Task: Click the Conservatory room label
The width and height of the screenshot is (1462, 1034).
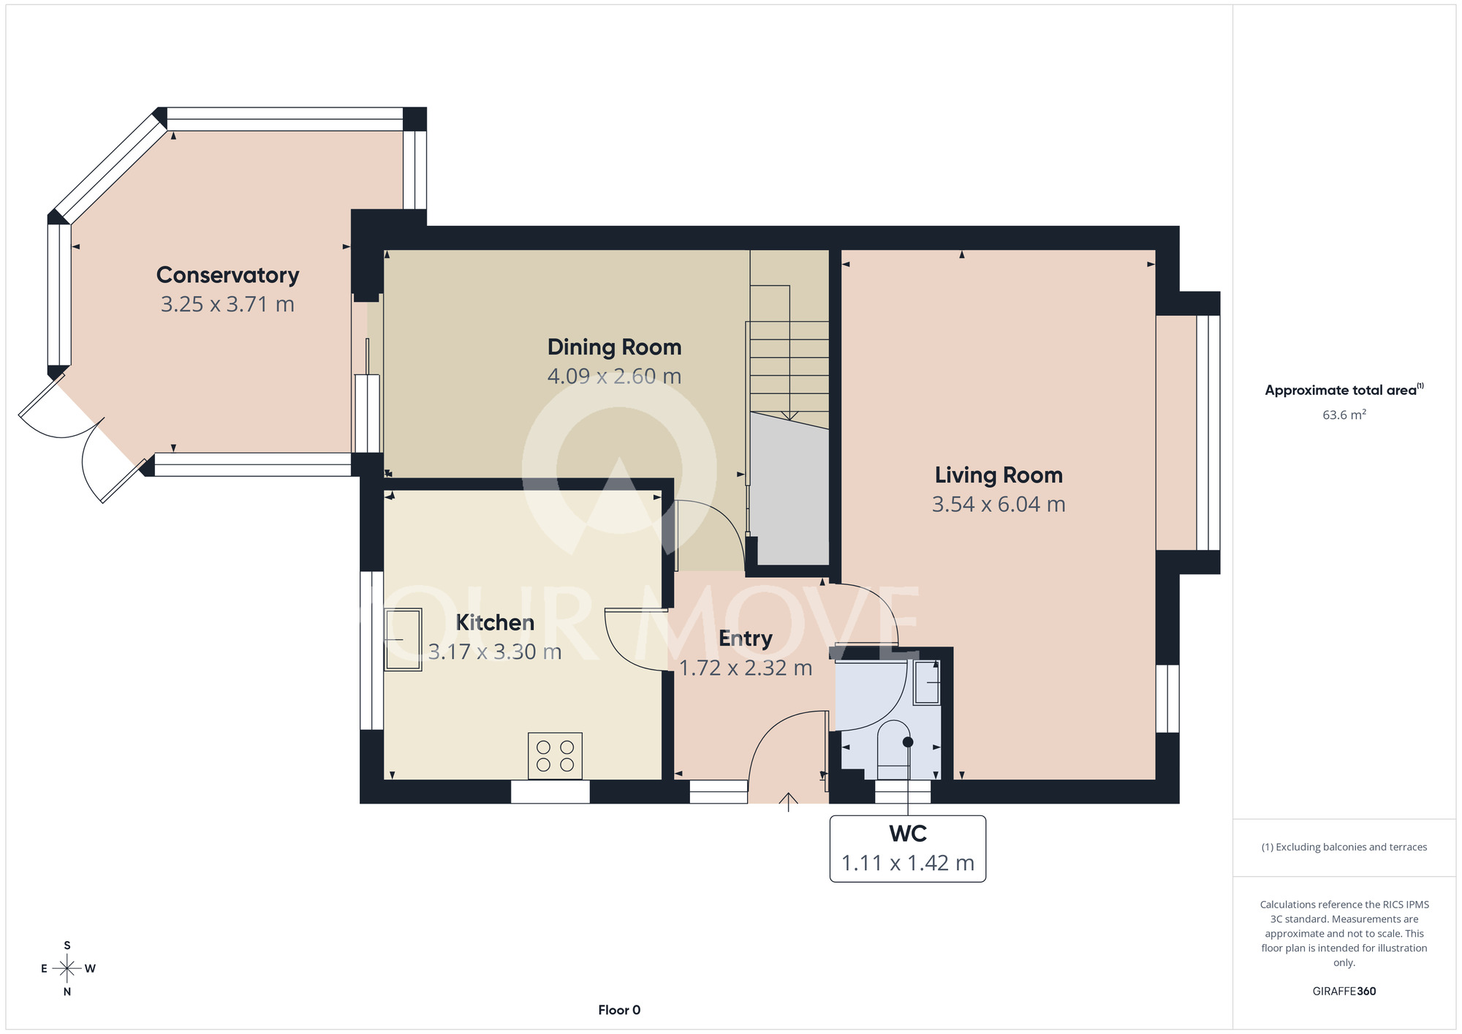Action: coord(227,275)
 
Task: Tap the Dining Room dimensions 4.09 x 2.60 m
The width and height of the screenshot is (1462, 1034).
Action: coord(614,376)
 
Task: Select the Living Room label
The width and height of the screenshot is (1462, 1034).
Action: coord(999,475)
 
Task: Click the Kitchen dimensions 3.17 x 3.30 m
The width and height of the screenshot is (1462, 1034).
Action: coord(495,652)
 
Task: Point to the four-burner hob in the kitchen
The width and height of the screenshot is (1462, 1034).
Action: coord(555,756)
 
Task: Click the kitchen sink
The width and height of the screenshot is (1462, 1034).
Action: coord(403,640)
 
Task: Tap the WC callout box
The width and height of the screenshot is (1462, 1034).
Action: coord(908,849)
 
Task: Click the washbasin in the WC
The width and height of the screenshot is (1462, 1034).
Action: coord(927,682)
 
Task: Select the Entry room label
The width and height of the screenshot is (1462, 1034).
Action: coord(746,638)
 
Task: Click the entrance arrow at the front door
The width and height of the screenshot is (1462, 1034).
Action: coord(788,802)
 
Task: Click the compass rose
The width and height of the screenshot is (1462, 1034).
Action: coord(67,969)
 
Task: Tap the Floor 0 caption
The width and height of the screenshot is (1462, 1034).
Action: coord(619,1010)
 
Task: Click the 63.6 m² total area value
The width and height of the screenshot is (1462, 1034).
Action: coord(1344,415)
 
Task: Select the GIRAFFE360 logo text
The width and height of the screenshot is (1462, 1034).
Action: coord(1344,992)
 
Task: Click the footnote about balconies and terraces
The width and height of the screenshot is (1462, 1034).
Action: coord(1344,847)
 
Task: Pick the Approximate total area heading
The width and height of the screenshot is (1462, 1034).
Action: coord(1344,390)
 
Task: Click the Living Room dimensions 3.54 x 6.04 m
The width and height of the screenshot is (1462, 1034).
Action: coord(999,505)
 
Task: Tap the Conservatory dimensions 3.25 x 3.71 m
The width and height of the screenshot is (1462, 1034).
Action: coord(227,304)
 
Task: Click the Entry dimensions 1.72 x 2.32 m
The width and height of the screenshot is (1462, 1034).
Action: coord(746,668)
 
